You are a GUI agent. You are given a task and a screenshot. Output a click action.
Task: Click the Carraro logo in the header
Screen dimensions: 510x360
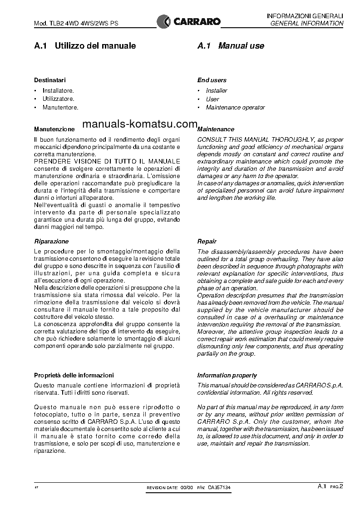click(x=188, y=21)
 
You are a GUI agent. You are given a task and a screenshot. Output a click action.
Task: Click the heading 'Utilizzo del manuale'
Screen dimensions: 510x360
click(x=95, y=46)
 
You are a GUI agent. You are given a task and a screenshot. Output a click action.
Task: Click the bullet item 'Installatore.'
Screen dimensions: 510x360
click(x=58, y=90)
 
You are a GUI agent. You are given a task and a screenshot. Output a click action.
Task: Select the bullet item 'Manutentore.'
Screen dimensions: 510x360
click(x=60, y=108)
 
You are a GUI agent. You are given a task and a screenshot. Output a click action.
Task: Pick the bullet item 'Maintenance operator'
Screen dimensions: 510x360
click(x=235, y=108)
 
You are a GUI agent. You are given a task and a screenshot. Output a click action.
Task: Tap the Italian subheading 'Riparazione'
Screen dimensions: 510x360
click(x=52, y=242)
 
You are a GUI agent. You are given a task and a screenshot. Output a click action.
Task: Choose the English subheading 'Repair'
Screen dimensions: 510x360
click(x=207, y=242)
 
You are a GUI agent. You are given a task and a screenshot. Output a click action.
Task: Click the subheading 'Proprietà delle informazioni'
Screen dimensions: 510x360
click(x=74, y=375)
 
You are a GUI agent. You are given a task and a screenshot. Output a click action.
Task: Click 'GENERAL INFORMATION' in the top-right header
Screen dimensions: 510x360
click(x=307, y=23)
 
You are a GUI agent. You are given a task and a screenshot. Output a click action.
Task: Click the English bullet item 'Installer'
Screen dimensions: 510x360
click(x=217, y=91)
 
